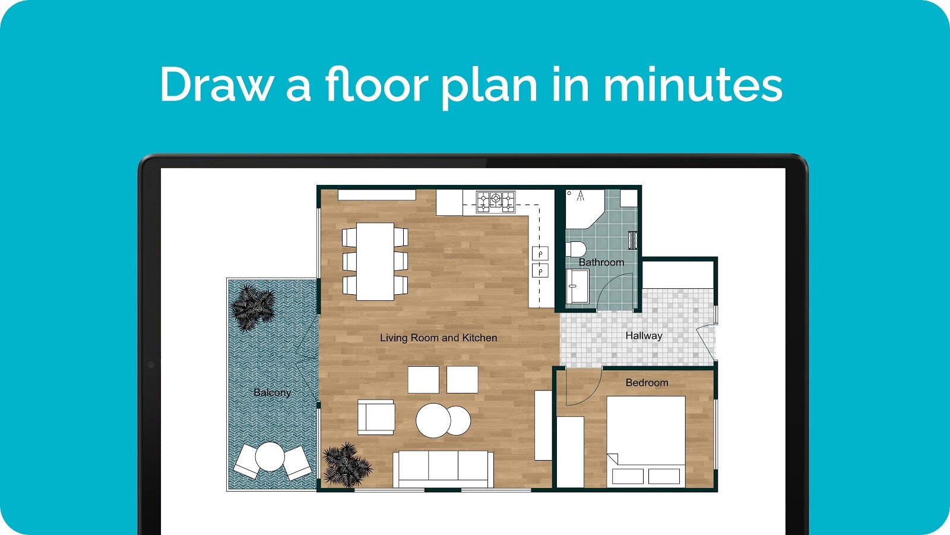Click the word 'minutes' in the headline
click(693, 85)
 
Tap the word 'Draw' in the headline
click(216, 85)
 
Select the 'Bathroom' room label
click(601, 262)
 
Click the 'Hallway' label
click(644, 336)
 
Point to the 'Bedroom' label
click(647, 383)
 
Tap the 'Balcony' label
click(273, 392)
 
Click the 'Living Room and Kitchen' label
click(439, 338)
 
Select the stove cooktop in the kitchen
click(495, 202)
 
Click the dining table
click(375, 262)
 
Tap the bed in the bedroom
click(646, 442)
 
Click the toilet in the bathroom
click(575, 249)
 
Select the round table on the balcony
click(270, 457)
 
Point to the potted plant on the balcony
click(253, 307)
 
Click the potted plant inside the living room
click(347, 465)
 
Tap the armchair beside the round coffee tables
click(376, 417)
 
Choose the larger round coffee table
click(433, 420)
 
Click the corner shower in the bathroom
click(584, 208)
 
